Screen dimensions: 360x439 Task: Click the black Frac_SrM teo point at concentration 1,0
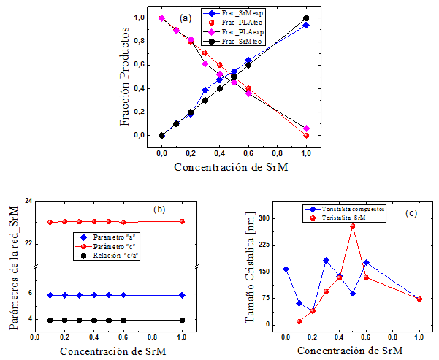pos(306,18)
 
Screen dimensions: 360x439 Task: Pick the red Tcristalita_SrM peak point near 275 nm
pos(353,226)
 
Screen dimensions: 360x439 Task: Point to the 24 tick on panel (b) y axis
pos(28,202)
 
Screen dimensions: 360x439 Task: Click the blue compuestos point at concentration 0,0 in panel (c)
pos(286,269)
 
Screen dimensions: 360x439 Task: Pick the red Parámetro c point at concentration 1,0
pos(182,221)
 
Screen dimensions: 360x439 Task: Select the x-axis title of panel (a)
pos(234,167)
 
